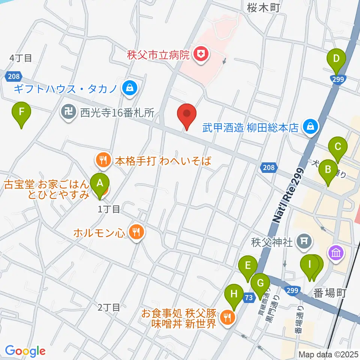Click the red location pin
pyautogui.click(x=187, y=114)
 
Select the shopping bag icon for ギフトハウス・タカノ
pyautogui.click(x=129, y=88)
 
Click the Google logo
pyautogui.click(x=25, y=351)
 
